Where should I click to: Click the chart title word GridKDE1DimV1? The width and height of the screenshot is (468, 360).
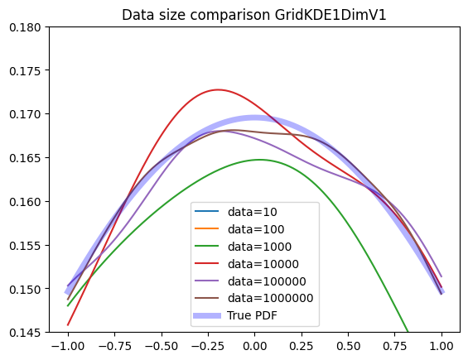330,15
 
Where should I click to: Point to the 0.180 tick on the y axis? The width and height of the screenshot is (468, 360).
25,27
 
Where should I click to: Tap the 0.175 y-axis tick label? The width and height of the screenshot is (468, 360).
25,71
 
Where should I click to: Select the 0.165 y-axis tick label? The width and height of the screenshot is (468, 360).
25,158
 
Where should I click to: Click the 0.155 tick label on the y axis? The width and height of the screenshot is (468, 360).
25,246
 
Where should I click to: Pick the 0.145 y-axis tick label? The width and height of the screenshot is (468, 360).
25,333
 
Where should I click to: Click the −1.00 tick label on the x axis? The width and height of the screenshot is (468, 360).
68,346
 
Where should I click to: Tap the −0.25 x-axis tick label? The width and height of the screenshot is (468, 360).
208,346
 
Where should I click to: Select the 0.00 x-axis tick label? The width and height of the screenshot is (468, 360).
254,346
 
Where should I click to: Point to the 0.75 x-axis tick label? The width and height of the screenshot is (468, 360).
395,346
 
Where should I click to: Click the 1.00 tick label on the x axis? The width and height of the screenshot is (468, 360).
441,346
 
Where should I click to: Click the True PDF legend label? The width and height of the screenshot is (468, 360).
252,315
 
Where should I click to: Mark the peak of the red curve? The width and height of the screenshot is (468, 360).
218,89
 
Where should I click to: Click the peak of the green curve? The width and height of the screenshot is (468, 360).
259,160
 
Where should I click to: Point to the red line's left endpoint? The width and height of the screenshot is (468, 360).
68,324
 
